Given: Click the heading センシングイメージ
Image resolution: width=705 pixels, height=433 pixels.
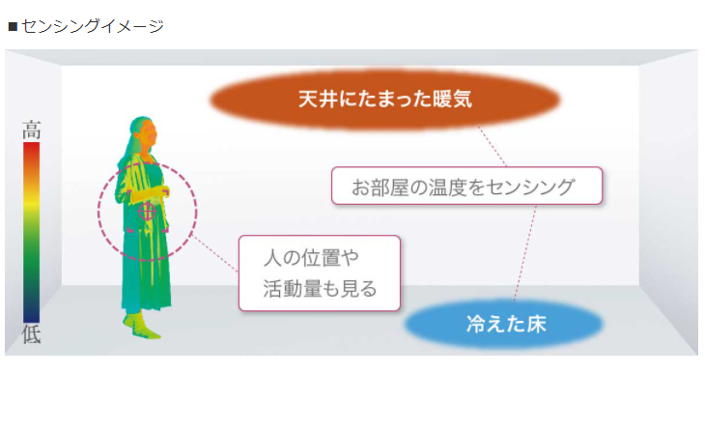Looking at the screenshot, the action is click(93, 26).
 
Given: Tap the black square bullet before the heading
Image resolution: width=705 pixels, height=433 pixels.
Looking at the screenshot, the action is click(13, 27).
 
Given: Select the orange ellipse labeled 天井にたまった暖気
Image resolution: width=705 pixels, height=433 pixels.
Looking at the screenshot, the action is click(385, 100).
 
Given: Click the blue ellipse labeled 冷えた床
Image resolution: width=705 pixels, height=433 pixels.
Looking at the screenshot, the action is click(504, 324).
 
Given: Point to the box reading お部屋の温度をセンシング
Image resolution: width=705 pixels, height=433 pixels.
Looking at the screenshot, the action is click(466, 186).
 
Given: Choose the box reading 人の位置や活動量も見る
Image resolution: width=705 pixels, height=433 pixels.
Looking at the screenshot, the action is click(320, 274).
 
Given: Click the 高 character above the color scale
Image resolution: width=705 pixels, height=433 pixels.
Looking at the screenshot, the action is click(32, 130).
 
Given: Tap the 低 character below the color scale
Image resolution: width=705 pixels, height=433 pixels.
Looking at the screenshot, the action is click(32, 334).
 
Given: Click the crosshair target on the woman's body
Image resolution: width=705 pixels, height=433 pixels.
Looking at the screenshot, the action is click(147, 211).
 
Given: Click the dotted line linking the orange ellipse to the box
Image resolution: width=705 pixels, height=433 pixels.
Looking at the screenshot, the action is click(492, 146).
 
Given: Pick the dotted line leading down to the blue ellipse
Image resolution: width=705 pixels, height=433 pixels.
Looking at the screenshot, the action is click(525, 253).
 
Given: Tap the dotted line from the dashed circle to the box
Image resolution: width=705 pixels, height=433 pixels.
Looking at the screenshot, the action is click(215, 253).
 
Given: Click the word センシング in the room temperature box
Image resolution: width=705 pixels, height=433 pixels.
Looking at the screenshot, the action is click(530, 187).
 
